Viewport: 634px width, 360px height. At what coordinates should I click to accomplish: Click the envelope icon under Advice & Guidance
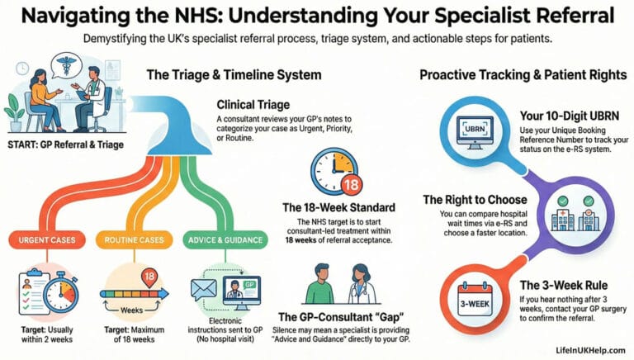pyautogui.click(x=204, y=291)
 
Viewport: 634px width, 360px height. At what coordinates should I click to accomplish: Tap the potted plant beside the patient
pyautogui.click(x=14, y=107)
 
